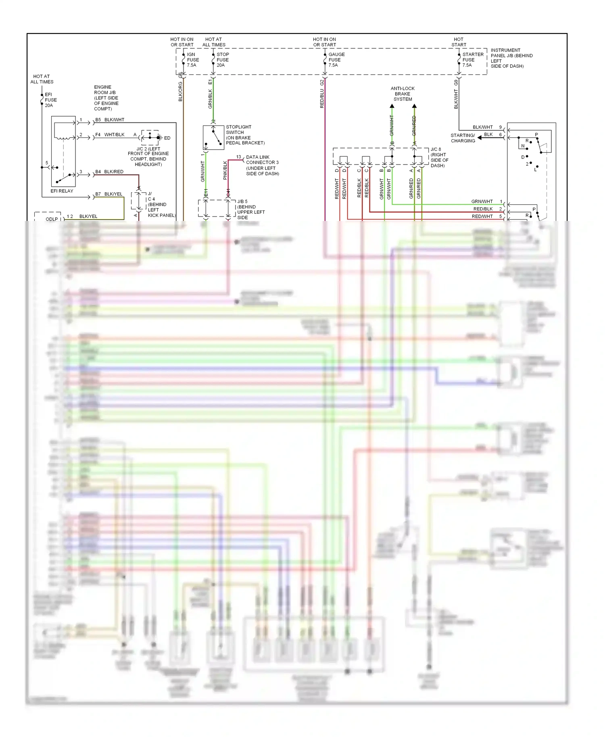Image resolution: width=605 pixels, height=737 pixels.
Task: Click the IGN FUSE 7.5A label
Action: point(192,60)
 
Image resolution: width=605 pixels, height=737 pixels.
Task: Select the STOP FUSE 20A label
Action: point(222,60)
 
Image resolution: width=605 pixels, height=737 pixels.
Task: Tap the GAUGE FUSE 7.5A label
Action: point(336,60)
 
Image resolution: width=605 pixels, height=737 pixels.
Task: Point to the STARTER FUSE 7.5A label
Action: point(472,60)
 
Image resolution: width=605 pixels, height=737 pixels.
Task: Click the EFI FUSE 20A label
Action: point(50,100)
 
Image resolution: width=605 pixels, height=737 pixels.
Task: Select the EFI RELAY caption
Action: point(62,191)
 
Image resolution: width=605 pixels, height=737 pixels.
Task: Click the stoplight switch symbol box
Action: point(213,137)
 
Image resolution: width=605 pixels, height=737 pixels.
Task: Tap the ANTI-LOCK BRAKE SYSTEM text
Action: point(403,94)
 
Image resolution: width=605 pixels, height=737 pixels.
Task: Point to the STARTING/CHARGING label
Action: point(463,138)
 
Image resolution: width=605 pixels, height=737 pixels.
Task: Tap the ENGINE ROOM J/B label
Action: point(106,98)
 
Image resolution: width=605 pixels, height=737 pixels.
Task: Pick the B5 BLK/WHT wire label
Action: point(110,120)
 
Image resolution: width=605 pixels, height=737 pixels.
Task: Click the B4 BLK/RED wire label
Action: point(109,172)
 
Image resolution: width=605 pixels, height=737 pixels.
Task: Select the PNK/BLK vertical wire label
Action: point(225,171)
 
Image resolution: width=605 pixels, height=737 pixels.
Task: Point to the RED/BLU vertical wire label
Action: point(322,99)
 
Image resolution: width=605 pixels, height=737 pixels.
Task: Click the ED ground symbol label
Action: point(167,138)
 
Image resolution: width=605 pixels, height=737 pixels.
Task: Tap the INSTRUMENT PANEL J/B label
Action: point(511,58)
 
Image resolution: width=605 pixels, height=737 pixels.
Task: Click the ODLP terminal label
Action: point(52,219)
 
